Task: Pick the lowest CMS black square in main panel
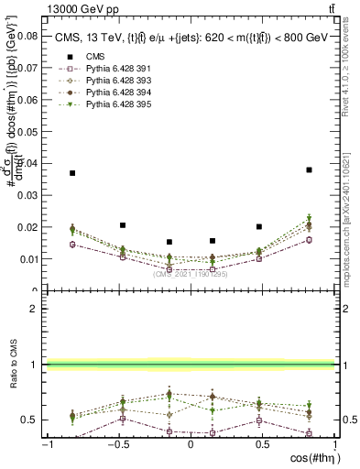pos(169,242)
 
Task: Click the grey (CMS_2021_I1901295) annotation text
pos(191,274)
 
